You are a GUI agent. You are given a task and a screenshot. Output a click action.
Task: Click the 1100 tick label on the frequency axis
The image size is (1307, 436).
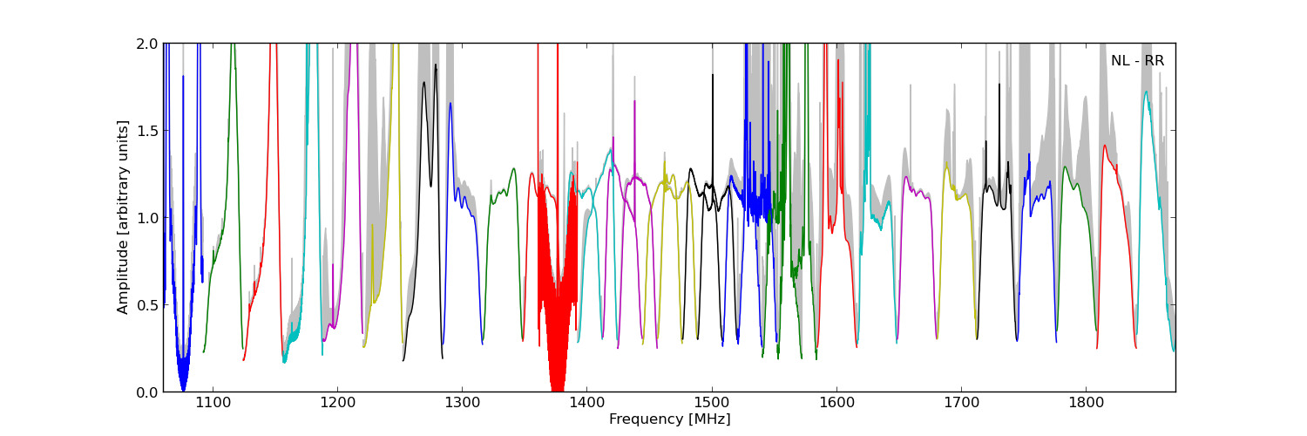(x=213, y=404)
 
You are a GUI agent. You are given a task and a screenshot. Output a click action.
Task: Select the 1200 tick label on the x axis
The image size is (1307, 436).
(x=337, y=404)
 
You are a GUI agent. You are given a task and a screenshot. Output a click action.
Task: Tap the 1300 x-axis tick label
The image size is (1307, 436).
(x=462, y=404)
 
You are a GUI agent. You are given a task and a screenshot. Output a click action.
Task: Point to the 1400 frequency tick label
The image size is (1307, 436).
(x=586, y=404)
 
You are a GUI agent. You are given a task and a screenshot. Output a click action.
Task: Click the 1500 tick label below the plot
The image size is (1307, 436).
(x=711, y=404)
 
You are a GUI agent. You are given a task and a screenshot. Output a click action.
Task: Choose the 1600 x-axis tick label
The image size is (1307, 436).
(x=836, y=404)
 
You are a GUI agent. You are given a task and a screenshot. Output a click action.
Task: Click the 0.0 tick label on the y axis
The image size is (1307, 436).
(x=147, y=392)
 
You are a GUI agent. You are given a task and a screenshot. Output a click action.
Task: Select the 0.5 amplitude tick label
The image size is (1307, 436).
(x=147, y=305)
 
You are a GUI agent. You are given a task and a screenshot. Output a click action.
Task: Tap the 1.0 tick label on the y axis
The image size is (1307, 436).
(x=147, y=218)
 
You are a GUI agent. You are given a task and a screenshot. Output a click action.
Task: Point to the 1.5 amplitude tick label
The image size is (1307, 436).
(x=147, y=131)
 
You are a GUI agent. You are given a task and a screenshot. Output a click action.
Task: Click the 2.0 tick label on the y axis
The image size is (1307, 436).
(x=147, y=44)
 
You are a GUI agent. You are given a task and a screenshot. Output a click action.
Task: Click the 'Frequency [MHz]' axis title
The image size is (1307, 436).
(x=669, y=419)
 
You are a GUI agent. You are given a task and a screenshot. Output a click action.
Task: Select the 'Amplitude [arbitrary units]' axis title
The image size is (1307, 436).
(x=123, y=217)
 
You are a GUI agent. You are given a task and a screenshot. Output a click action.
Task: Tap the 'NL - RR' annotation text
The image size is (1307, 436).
(x=1137, y=61)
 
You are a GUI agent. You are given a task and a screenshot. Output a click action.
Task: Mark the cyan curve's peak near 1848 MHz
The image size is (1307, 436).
(x=1146, y=92)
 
